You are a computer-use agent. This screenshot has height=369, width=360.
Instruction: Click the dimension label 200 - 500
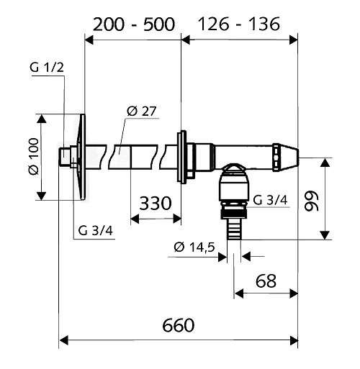click(134, 24)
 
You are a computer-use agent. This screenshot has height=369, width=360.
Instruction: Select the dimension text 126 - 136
click(239, 24)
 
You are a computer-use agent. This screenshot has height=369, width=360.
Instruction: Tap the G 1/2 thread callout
click(47, 68)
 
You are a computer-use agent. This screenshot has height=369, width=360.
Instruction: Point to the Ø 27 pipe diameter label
click(142, 111)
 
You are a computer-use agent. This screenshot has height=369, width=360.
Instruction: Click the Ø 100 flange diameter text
click(34, 156)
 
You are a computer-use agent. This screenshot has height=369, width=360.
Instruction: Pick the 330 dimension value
click(156, 204)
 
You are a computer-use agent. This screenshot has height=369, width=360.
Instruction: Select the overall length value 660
click(179, 325)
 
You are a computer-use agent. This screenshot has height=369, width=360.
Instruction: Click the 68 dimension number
click(266, 281)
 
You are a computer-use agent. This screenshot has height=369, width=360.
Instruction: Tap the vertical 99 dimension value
click(311, 201)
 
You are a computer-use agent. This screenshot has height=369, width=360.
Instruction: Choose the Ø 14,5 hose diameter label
click(194, 247)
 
